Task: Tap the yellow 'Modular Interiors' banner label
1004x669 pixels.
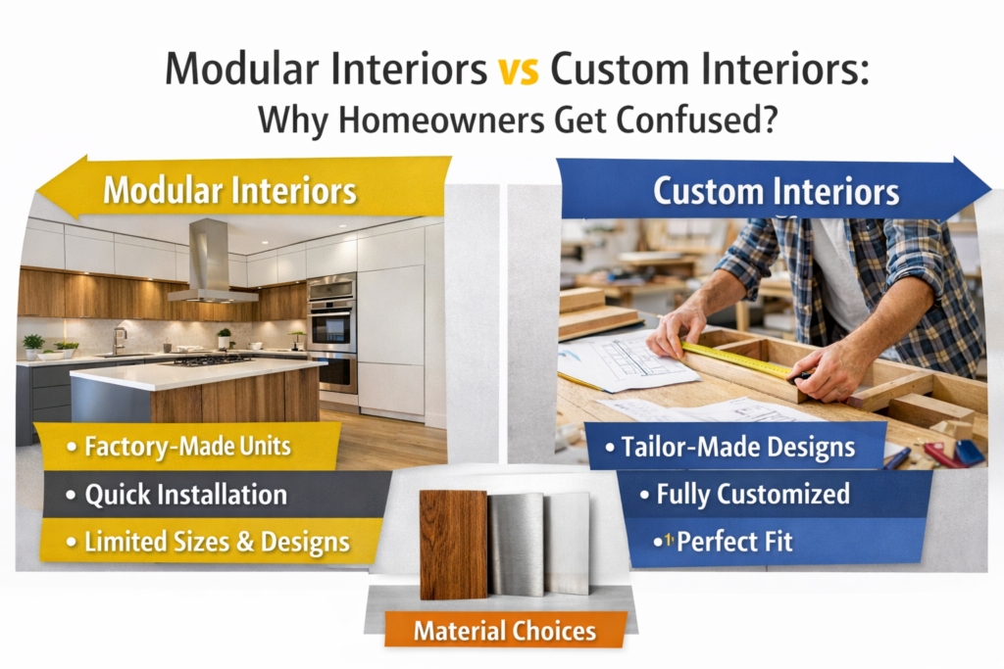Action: pyautogui.click(x=229, y=190)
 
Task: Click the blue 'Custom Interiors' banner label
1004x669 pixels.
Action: pyautogui.click(x=776, y=192)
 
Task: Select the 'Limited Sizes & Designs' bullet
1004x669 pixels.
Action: pyautogui.click(x=206, y=541)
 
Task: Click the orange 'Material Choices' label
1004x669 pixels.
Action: pyautogui.click(x=504, y=630)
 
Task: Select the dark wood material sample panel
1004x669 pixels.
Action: pyautogui.click(x=453, y=543)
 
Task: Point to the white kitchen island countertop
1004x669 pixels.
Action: pyautogui.click(x=196, y=373)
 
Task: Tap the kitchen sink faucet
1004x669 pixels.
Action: pyautogui.click(x=118, y=339)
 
